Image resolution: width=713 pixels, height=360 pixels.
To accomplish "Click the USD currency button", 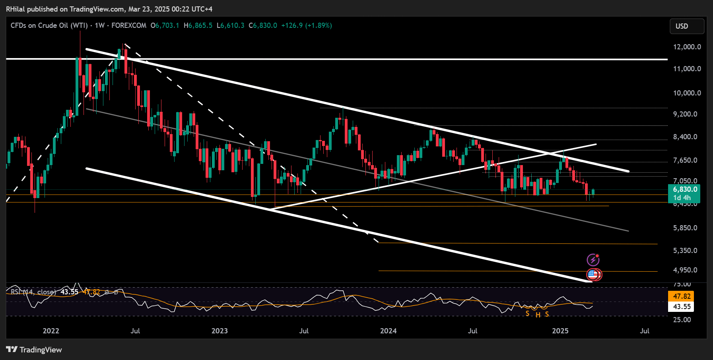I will pos(686,26).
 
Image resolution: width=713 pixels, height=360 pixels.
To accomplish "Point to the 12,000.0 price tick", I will pos(687,47).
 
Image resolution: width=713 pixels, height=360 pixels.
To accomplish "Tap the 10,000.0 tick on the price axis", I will pos(687,93).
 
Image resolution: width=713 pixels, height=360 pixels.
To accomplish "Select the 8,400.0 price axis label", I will pos(685,137).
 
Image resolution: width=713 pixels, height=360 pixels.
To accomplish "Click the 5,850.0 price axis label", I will pos(685,228).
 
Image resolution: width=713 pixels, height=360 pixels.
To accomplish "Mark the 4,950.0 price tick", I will pos(685,270).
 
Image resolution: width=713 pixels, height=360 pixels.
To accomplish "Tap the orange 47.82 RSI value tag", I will pos(682,296).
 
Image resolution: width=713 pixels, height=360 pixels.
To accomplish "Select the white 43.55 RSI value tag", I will pos(682,307).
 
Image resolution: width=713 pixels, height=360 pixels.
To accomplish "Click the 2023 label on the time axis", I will pos(220,331).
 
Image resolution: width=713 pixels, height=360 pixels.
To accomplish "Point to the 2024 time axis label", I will pos(388,331).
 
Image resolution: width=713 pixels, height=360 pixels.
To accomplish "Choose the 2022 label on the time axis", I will pos(51,331).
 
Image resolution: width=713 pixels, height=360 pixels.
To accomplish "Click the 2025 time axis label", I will pos(560,331).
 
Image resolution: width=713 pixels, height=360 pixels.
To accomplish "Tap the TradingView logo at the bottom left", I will pos(34,350).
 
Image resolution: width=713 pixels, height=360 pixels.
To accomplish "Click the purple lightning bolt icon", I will pos(593,260).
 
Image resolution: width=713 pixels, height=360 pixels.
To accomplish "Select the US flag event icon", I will pos(593,274).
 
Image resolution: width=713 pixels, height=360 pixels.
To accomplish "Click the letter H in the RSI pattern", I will pos(538,315).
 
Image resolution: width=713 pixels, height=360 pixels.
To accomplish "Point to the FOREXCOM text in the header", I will pos(129,25).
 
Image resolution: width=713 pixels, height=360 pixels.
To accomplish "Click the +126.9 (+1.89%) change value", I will pos(306,25).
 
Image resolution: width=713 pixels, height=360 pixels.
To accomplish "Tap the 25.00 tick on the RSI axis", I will pos(682,320).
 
